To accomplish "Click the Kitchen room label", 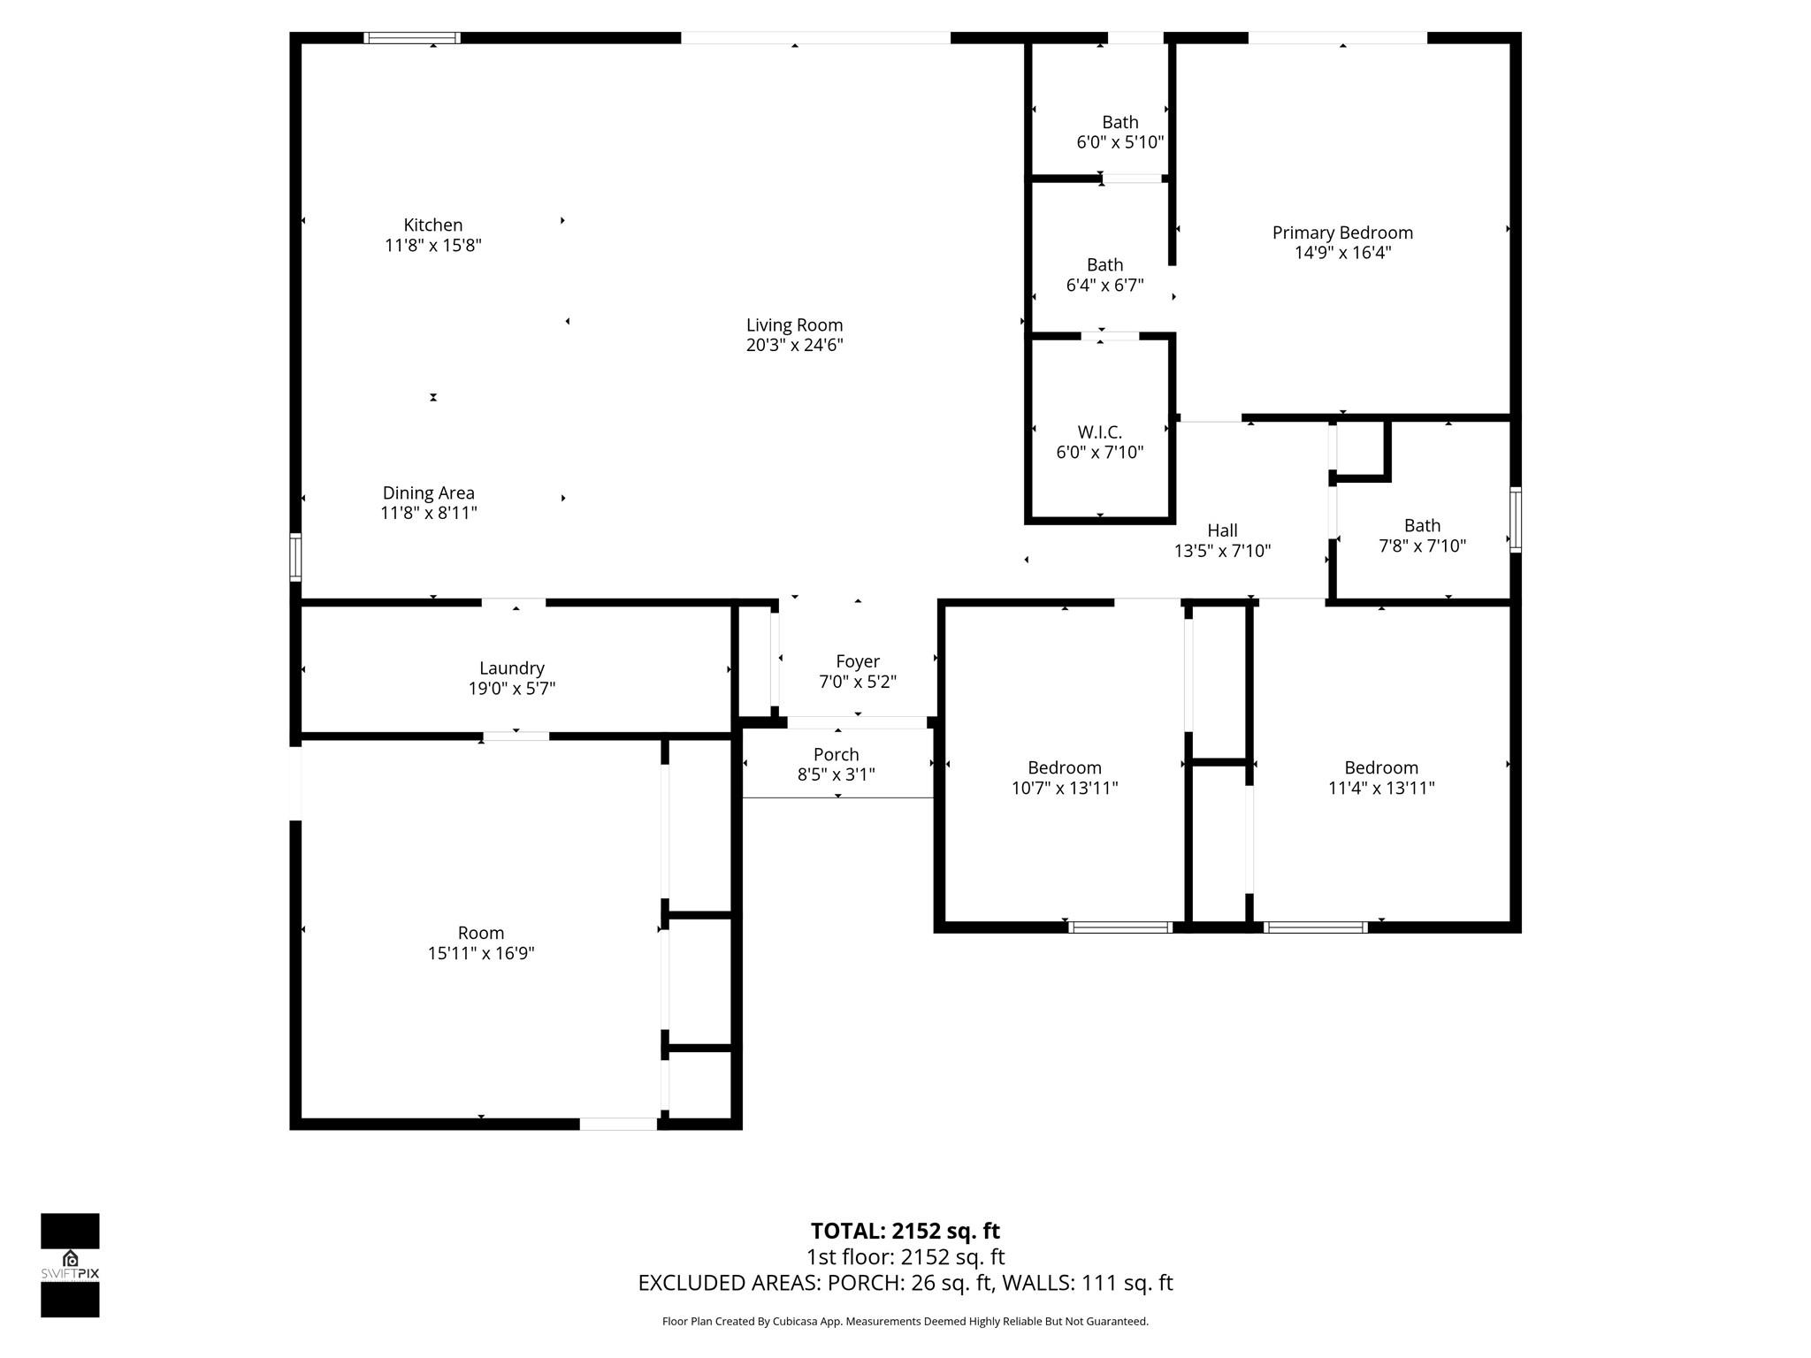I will (432, 225).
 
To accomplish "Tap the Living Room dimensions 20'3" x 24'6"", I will (794, 346).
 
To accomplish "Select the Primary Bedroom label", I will (1341, 233).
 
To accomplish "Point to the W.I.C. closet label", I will (1099, 432).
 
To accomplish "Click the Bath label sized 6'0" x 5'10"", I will (1119, 123).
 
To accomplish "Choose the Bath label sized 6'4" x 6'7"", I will (1104, 265).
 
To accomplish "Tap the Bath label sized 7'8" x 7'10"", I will (1421, 526).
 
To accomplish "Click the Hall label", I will (1222, 530).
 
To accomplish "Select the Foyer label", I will (857, 661).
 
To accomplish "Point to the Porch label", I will (836, 754).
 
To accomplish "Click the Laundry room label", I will (511, 668).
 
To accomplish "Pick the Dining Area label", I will (428, 493).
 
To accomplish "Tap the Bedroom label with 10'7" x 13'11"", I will (1064, 767).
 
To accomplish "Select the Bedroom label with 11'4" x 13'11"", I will (1380, 767).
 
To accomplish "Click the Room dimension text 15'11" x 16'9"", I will (480, 953).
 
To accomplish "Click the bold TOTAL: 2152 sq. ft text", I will (905, 1231).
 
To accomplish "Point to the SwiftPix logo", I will (70, 1264).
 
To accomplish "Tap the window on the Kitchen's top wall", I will (412, 38).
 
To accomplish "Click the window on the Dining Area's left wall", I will (296, 557).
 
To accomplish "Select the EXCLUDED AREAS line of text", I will (905, 1283).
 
